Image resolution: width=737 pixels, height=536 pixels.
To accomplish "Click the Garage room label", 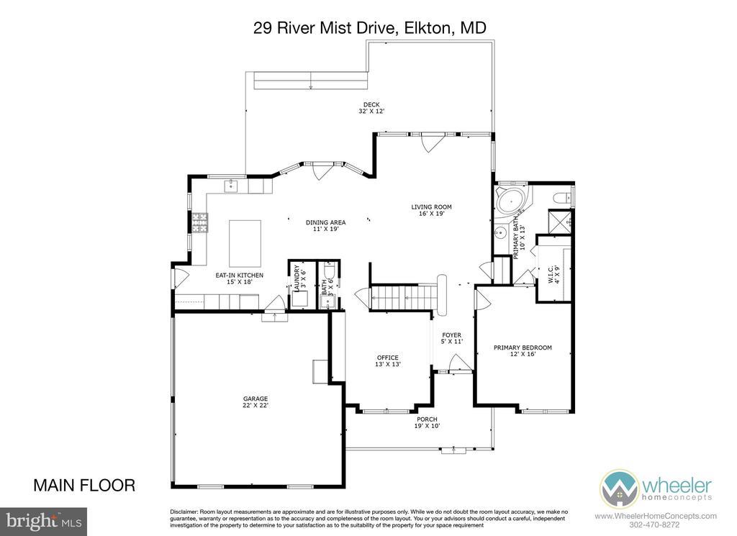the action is pos(256,402).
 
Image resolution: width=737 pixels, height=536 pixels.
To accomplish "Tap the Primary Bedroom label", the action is pos(523,351).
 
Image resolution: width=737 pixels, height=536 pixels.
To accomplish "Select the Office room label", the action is pos(388,360).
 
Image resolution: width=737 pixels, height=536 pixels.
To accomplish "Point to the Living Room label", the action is pos(432,210).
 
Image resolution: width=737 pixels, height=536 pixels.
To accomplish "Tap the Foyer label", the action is pos(452,338).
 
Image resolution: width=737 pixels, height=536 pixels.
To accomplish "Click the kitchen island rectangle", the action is pos(245,243).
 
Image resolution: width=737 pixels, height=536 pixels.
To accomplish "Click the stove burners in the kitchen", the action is pos(199,222).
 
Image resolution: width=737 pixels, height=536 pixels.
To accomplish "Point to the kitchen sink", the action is pos(231,186).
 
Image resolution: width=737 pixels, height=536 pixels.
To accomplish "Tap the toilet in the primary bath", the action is pos(562,198).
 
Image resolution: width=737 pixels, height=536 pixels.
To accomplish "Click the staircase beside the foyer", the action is pos(402,298).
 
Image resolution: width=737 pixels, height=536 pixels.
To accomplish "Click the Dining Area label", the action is pos(326,226).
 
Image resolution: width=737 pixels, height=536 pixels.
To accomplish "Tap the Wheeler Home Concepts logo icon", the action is pos(619,489).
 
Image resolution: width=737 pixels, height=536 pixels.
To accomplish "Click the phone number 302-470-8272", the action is pos(656,524).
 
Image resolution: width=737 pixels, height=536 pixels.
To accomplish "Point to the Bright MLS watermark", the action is pos(43,522).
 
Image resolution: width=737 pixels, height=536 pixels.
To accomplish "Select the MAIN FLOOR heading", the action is pos(84,485).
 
